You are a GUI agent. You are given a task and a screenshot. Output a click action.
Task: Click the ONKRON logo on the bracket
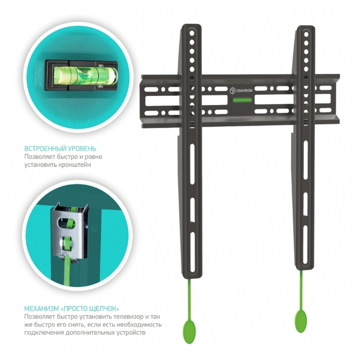point(241,91)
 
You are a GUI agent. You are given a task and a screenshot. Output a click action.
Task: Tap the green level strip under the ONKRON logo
point(242,100)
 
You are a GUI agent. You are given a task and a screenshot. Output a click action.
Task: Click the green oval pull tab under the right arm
point(301,321)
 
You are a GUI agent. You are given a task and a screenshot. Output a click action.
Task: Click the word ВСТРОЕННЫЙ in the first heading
point(42,149)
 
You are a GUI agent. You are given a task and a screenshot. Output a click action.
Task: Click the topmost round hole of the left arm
point(192,33)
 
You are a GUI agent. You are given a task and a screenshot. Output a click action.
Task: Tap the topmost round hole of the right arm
point(306,35)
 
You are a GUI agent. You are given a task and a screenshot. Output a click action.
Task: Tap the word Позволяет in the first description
point(40,157)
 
